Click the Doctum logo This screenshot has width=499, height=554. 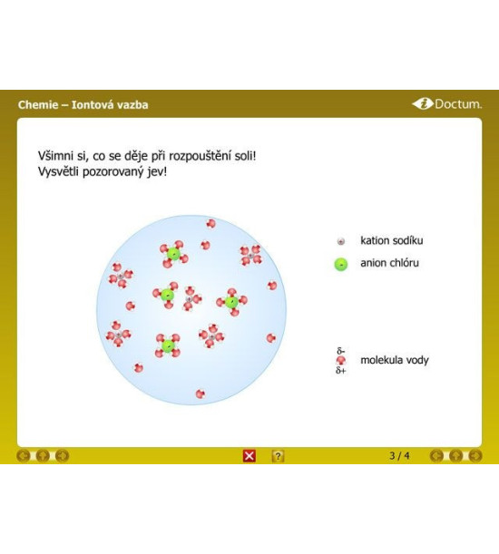point(446,104)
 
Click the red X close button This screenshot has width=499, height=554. point(249,456)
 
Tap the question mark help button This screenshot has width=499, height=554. point(278,456)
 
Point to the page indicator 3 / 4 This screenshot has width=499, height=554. point(399,455)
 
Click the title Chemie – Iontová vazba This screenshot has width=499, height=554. point(83,104)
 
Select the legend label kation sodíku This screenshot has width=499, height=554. point(392,240)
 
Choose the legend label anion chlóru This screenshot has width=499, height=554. point(389,263)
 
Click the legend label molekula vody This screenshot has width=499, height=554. point(395,360)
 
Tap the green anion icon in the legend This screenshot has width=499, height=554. point(341,264)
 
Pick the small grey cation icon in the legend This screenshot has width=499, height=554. point(341,241)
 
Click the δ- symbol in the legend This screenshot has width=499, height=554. point(340,351)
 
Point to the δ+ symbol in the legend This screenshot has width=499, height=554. point(340,370)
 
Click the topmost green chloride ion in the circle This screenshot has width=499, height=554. point(173,254)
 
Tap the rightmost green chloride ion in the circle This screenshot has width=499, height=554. point(231,302)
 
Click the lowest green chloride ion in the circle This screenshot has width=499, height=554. point(168,345)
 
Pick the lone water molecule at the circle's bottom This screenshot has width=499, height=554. point(201,394)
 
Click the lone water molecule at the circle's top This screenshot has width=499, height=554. point(210,224)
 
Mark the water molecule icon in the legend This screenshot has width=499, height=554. point(341,360)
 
